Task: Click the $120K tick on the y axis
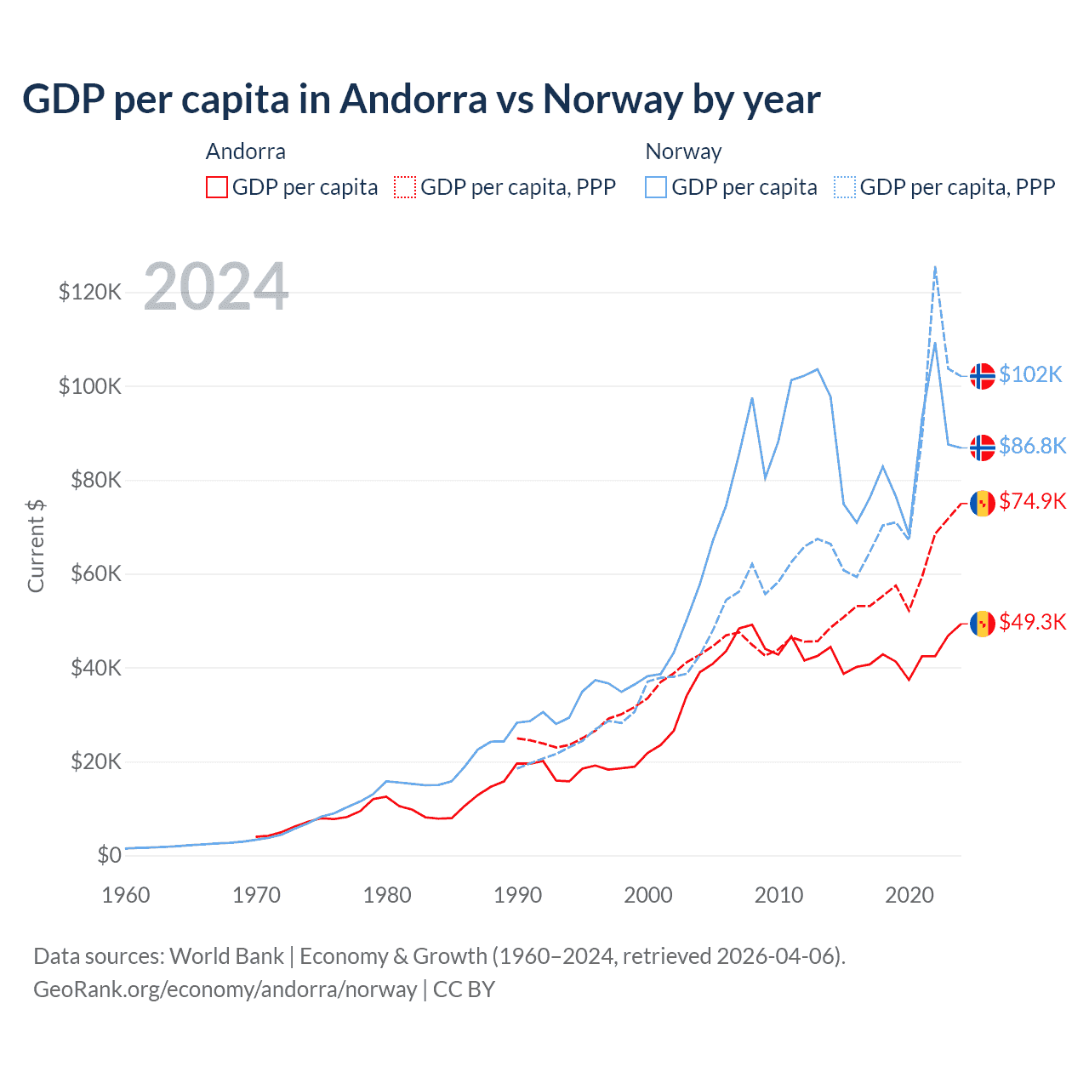[x=90, y=293]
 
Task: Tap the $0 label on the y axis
[x=109, y=855]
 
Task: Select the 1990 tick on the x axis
[x=517, y=895]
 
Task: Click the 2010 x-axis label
[x=778, y=895]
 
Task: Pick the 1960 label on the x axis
[x=126, y=895]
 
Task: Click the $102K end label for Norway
[x=1030, y=374]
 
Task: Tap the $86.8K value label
[x=1032, y=446]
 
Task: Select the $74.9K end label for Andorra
[x=1032, y=501]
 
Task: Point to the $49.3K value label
[x=1032, y=622]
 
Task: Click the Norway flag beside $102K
[x=983, y=375]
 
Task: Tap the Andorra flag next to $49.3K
[x=983, y=623]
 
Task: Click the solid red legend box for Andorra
[x=217, y=187]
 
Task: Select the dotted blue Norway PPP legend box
[x=845, y=187]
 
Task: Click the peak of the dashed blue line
[x=935, y=267]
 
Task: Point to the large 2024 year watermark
[x=216, y=287]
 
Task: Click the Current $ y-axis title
[x=36, y=546]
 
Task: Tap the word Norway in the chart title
[x=613, y=100]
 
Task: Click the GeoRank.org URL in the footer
[x=225, y=989]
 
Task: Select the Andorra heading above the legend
[x=246, y=151]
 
